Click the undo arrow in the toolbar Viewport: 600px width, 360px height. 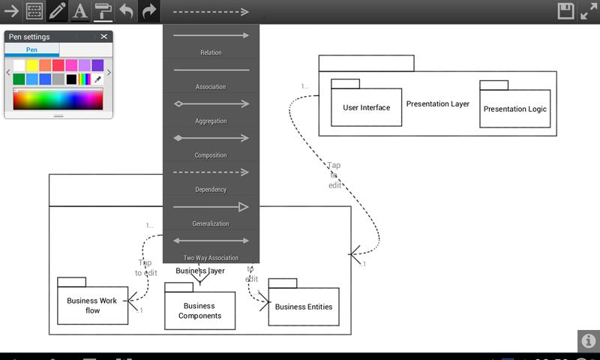126,11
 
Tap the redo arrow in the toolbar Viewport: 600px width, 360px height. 149,11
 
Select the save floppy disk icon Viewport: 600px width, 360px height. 565,11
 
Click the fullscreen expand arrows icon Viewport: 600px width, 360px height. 589,11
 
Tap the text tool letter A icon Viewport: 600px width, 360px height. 79,11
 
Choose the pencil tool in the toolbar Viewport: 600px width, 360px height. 57,11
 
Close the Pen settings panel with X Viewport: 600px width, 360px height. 104,37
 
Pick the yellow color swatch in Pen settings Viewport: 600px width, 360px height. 32,66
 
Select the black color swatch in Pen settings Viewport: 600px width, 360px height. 71,79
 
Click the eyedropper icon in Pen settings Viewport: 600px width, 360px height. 97,79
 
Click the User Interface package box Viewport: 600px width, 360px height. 367,107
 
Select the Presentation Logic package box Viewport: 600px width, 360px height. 514,109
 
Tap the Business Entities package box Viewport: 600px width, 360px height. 303,306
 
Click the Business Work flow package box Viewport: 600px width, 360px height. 92,305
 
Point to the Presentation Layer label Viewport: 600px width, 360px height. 438,103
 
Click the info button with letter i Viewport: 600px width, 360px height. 588,340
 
